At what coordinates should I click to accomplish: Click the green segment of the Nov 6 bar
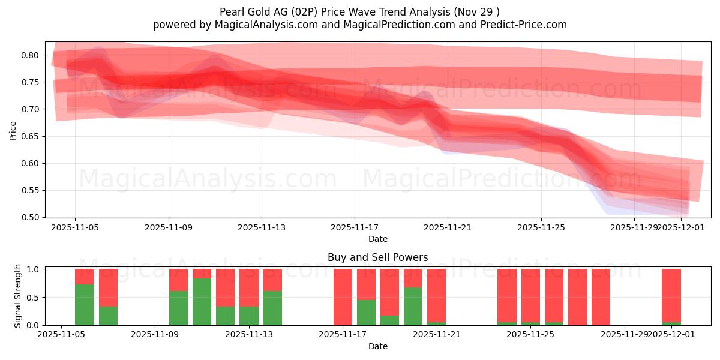(85, 305)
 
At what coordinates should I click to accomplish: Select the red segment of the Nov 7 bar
(108, 287)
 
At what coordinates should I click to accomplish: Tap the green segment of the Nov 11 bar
(202, 302)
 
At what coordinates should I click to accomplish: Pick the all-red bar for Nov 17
(343, 297)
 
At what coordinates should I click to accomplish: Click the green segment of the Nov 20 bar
(413, 306)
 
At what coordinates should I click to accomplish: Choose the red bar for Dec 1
(671, 295)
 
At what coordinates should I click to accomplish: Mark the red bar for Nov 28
(601, 297)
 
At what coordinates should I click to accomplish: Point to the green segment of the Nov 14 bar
(272, 308)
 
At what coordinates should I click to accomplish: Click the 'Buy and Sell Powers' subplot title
(377, 257)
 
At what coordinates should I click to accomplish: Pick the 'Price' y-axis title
(13, 130)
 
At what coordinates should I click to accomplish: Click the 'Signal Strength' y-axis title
(18, 296)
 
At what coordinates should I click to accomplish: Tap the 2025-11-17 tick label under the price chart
(354, 228)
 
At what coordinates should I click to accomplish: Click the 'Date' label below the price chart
(377, 239)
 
